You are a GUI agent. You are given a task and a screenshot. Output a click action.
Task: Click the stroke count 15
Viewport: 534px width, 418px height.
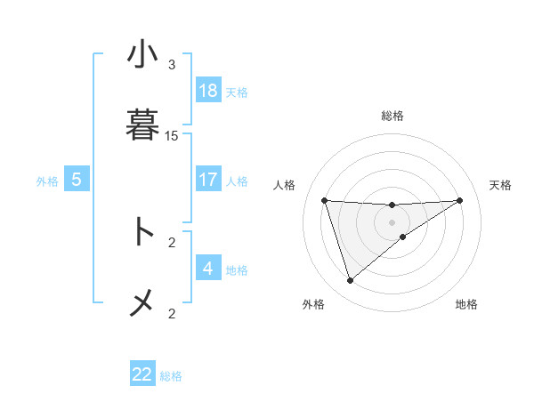pyautogui.click(x=172, y=136)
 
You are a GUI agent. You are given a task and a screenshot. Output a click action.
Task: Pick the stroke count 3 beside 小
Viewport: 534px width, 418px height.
pyautogui.click(x=172, y=65)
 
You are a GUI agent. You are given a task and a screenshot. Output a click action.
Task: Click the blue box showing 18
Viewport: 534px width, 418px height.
pyautogui.click(x=208, y=91)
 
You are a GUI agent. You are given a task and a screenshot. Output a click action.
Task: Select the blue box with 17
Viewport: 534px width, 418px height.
pyautogui.click(x=208, y=180)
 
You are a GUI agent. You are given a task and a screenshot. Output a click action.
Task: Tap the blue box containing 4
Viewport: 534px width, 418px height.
pyautogui.click(x=208, y=269)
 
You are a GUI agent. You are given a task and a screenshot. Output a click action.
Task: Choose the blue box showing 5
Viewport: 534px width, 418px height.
pyautogui.click(x=77, y=180)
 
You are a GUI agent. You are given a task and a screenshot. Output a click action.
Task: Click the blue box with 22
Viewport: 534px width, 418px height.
pyautogui.click(x=142, y=374)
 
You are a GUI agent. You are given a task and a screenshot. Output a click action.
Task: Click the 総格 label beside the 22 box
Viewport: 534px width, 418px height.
pyautogui.click(x=171, y=376)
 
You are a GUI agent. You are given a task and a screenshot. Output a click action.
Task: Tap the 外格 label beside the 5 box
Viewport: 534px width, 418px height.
pyautogui.click(x=47, y=181)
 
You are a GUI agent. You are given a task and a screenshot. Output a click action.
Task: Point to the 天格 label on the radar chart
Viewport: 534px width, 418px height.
pyautogui.click(x=500, y=185)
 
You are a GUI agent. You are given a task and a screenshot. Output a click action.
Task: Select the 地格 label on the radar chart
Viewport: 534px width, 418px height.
pyautogui.click(x=466, y=305)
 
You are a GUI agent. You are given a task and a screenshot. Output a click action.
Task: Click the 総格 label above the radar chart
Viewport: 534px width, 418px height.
pyautogui.click(x=392, y=116)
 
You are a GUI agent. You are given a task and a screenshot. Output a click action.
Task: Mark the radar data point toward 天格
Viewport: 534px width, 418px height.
pyautogui.click(x=460, y=200)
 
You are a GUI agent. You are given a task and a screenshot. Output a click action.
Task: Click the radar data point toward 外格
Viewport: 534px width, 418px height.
pyautogui.click(x=350, y=281)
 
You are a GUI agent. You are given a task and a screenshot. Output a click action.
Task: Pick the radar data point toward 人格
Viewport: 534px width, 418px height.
pyautogui.click(x=325, y=200)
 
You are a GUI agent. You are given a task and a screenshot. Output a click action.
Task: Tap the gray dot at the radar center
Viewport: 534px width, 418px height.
pyautogui.click(x=392, y=221)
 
